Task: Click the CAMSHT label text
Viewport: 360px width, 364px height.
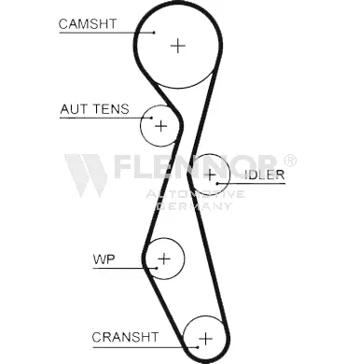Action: (88, 24)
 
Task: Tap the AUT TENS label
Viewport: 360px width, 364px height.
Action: (94, 109)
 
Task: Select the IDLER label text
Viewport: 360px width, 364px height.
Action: (265, 175)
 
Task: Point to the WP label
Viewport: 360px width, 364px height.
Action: (104, 259)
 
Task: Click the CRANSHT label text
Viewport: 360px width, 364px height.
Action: (125, 337)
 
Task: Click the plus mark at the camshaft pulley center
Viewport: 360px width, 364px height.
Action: (178, 46)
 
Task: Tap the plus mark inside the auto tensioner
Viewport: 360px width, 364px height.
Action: (161, 126)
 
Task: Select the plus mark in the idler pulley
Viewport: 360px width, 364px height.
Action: (210, 175)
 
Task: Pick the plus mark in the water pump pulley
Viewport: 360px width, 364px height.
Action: (164, 259)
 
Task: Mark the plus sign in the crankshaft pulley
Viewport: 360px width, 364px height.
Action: (205, 339)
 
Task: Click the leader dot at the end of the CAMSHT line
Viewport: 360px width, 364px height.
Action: (154, 32)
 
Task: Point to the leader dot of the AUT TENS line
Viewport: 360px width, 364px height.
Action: (151, 118)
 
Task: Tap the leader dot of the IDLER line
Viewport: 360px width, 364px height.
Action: (217, 183)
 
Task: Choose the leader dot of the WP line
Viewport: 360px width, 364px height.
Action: (156, 268)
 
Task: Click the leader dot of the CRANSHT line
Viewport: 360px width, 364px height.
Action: (197, 347)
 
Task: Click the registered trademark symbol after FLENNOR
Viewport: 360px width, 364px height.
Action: (290, 161)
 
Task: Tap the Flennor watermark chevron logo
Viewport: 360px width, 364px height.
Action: (86, 175)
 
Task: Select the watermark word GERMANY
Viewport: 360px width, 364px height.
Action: (194, 206)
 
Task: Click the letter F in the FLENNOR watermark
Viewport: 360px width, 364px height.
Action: (123, 166)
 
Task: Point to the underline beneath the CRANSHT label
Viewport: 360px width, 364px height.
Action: (145, 347)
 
